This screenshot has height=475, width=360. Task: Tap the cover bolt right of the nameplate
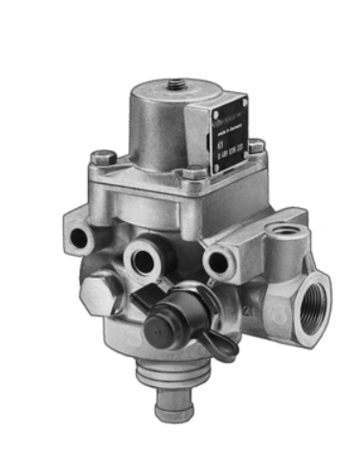(257, 147)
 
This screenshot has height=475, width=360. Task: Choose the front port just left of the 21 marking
(219, 261)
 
